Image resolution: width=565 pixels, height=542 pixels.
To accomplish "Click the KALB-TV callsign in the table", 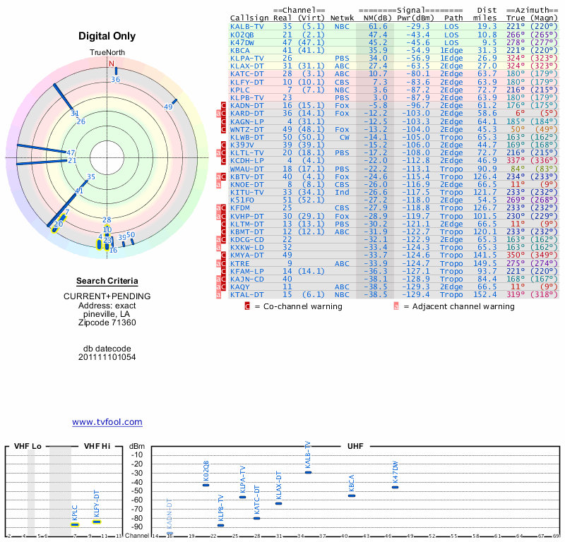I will pyautogui.click(x=247, y=26).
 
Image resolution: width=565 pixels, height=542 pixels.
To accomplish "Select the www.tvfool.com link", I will pyautogui.click(x=107, y=422).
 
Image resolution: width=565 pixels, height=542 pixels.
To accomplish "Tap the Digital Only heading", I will pyautogui.click(x=107, y=36).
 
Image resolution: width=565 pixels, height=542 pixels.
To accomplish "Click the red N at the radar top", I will pyautogui.click(x=111, y=64).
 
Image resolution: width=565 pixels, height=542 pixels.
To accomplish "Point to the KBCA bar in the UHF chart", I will pyautogui.click(x=352, y=495).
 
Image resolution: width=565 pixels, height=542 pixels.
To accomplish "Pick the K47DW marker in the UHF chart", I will pyautogui.click(x=395, y=487).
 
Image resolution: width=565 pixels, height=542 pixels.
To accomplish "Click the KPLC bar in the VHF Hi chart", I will pyautogui.click(x=75, y=524).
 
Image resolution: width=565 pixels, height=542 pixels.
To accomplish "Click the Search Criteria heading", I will pyautogui.click(x=107, y=281).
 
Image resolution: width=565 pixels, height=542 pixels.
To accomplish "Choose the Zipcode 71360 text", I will pyautogui.click(x=107, y=323).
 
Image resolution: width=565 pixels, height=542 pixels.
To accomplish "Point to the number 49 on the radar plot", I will pyautogui.click(x=168, y=107).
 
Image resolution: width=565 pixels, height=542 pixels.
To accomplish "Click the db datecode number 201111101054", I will pyautogui.click(x=107, y=357).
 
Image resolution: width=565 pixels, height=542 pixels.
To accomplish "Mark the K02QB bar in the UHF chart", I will pyautogui.click(x=206, y=485).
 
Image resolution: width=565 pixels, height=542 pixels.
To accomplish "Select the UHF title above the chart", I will pyautogui.click(x=355, y=446).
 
